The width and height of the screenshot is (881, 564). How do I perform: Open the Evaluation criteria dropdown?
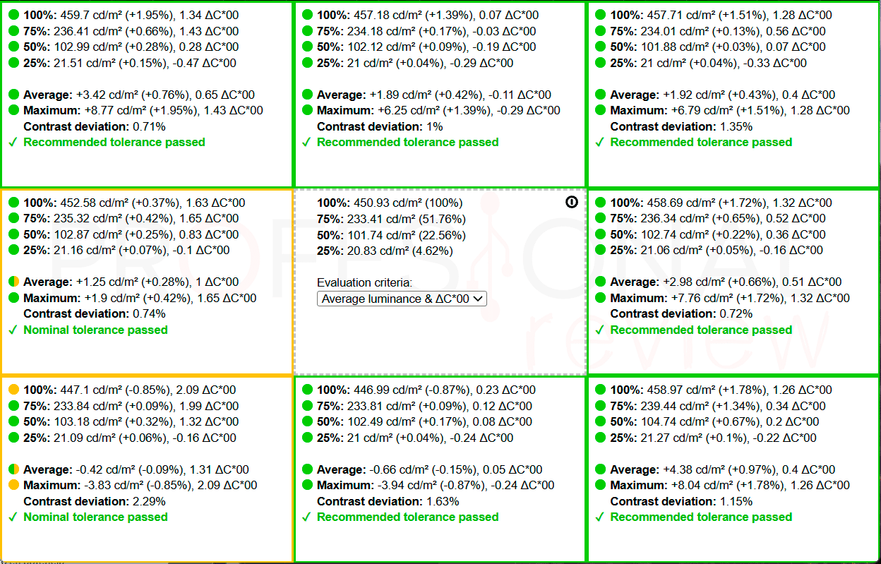(402, 299)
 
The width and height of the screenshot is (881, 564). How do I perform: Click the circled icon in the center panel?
(572, 202)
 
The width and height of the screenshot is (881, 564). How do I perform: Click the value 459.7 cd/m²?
(90, 16)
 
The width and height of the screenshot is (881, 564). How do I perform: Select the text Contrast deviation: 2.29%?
(95, 501)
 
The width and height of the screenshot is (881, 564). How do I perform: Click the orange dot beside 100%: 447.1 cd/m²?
(14, 390)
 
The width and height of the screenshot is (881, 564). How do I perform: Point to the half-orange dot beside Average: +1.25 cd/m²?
(14, 282)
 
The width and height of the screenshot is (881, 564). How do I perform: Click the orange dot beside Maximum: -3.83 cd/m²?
(14, 485)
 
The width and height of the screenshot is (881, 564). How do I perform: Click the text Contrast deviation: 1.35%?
(681, 126)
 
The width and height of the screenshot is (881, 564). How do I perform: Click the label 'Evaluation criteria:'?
(364, 283)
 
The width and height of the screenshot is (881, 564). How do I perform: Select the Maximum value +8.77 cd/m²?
(116, 111)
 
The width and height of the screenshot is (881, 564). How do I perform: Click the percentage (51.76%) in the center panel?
(443, 219)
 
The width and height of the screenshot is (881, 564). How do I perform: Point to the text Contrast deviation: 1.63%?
(388, 501)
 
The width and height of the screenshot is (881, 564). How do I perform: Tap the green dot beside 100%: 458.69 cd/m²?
(600, 203)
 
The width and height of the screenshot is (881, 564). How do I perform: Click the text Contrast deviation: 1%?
(380, 126)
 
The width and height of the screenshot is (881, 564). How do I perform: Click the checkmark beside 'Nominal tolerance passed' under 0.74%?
(13, 330)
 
